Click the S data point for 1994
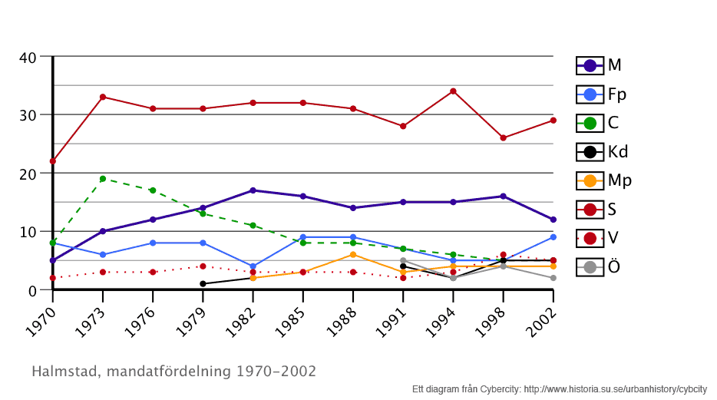tap(453, 91)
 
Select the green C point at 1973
tap(103, 179)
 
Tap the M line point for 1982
tap(253, 190)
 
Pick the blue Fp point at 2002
tap(553, 237)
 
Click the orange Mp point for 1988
tap(353, 255)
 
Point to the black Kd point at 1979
tap(203, 284)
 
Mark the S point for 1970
tap(53, 161)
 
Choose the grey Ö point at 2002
tap(553, 278)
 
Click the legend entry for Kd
tap(603, 152)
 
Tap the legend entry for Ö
tap(602, 267)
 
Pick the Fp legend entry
tap(603, 94)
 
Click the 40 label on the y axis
tap(28, 57)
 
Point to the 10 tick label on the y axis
tap(28, 232)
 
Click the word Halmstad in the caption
tap(64, 372)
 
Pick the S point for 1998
tap(504, 138)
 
